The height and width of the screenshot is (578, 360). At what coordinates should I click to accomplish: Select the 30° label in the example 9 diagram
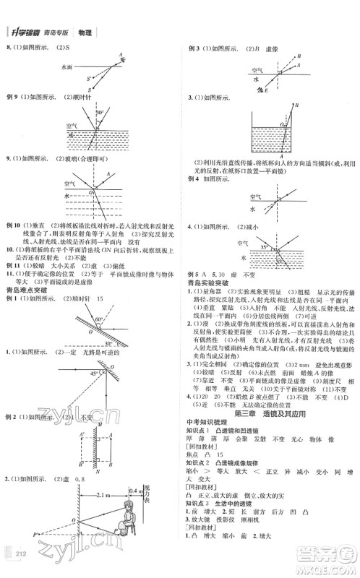click(x=110, y=113)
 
